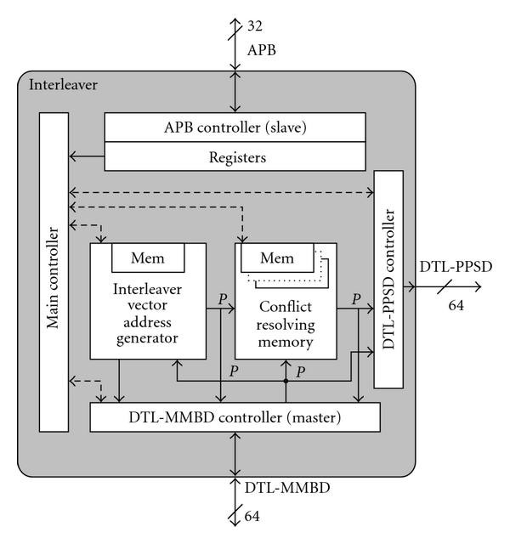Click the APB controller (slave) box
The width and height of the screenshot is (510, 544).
[x=235, y=127]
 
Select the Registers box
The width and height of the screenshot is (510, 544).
[x=235, y=156]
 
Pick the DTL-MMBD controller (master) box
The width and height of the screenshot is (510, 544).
[x=235, y=417]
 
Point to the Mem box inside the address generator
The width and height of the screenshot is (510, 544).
[x=149, y=256]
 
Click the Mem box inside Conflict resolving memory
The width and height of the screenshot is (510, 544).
[x=276, y=256]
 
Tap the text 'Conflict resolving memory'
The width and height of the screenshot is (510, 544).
[x=286, y=327]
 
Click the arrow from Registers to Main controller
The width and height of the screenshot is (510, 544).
[x=87, y=156]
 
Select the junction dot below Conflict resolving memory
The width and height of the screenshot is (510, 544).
[x=286, y=381]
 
